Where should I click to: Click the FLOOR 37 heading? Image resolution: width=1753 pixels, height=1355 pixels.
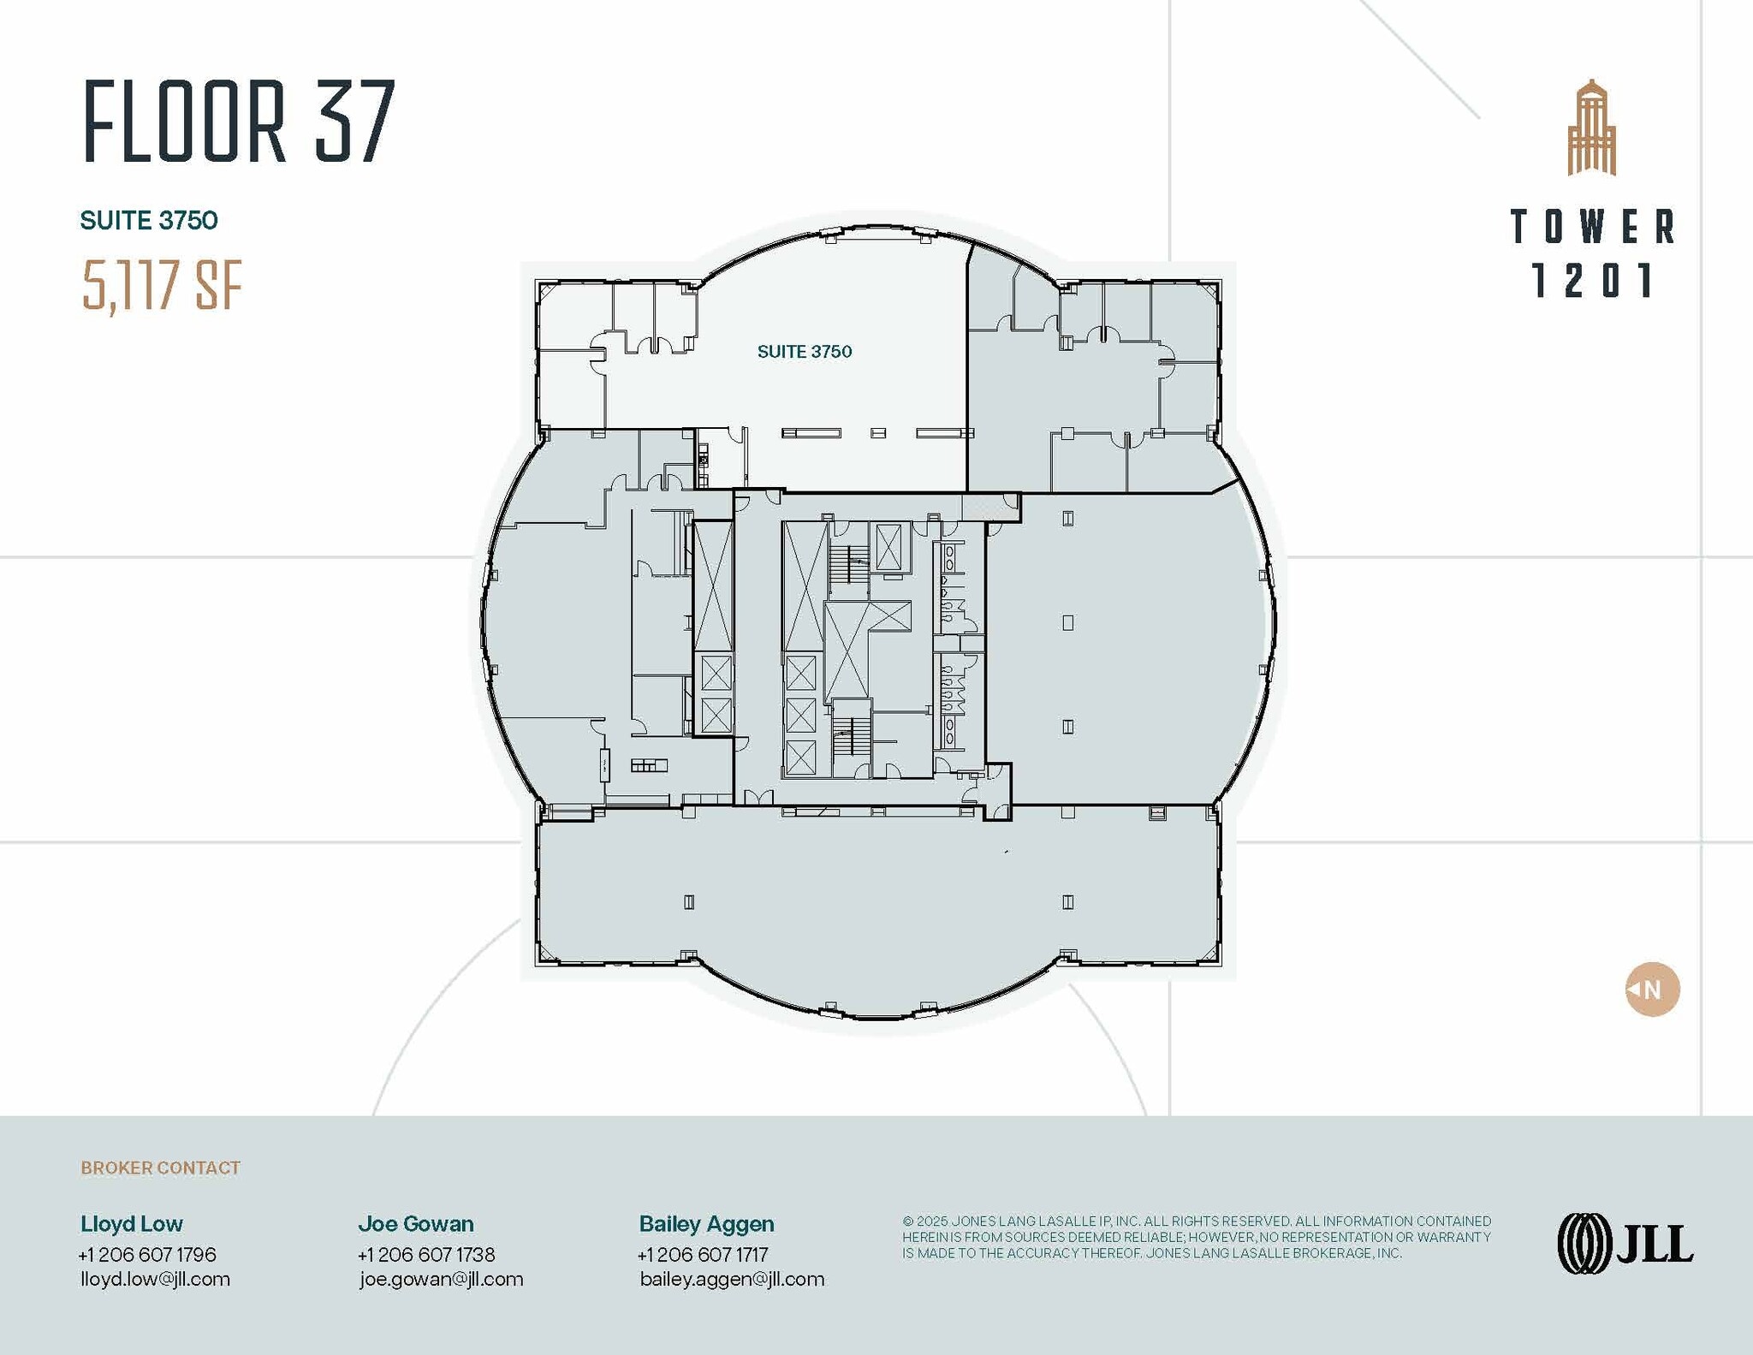point(239,122)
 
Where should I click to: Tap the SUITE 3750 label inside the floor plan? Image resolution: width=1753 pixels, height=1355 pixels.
point(804,352)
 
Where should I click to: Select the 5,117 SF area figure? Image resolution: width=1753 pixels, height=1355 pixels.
point(162,286)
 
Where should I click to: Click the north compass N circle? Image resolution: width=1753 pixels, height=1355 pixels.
point(1652,990)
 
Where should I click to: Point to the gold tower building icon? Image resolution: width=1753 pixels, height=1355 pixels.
point(1591,128)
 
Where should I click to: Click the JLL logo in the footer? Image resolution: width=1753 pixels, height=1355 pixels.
point(1625,1243)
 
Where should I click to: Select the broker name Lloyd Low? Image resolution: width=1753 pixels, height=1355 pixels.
point(132,1224)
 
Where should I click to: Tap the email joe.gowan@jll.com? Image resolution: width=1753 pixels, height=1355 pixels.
point(441,1279)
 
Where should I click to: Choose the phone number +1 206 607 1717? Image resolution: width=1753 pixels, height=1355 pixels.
point(703,1254)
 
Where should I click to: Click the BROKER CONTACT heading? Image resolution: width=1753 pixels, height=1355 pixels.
point(160,1168)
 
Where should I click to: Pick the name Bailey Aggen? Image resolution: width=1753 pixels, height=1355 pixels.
point(706,1224)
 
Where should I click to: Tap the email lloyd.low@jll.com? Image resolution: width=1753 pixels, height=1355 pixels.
point(155,1279)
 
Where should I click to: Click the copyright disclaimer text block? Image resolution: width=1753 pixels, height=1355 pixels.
point(1196,1237)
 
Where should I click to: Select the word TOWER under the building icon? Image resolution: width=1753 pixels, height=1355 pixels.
point(1592,227)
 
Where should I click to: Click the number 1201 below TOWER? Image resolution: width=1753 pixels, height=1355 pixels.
point(1592,281)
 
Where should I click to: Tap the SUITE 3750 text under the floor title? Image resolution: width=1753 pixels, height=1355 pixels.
point(149,221)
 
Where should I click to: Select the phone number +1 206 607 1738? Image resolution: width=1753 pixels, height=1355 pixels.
point(426,1254)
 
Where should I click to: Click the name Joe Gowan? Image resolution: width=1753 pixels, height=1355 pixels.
point(416,1224)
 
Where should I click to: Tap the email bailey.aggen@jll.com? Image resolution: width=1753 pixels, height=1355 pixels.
point(732,1279)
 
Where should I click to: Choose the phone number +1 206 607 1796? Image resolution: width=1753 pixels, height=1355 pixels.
point(147,1254)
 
